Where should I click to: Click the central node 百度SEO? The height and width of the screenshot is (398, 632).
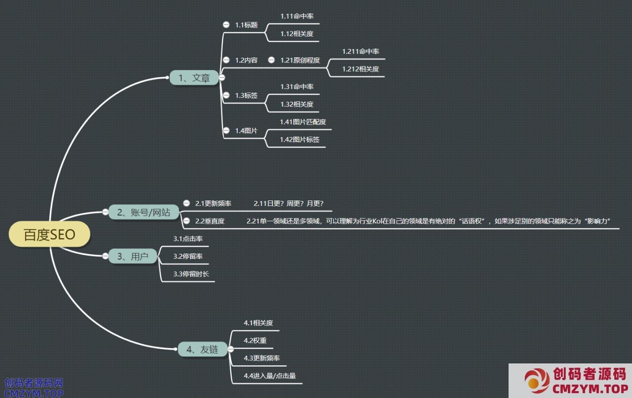tap(49, 235)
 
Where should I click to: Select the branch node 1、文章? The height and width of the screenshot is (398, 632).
tap(194, 78)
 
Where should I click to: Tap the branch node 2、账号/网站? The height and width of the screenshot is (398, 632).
tap(144, 212)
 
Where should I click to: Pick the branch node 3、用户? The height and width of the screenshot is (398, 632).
tap(133, 256)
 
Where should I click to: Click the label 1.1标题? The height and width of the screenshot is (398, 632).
tap(246, 25)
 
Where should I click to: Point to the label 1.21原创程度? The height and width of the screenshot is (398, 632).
tap(300, 60)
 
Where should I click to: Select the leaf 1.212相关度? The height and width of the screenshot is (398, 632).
tap(360, 69)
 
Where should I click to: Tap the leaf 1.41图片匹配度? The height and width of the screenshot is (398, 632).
tap(303, 122)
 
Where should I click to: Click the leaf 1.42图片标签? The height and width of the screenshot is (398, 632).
tap(300, 140)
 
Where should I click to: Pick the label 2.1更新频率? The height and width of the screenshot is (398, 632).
tap(213, 203)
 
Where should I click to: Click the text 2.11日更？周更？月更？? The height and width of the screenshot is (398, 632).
tap(288, 203)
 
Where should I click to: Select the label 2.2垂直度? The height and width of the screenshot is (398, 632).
tap(210, 221)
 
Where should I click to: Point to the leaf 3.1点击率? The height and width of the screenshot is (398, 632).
tap(188, 239)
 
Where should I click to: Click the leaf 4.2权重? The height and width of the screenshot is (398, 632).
tap(255, 340)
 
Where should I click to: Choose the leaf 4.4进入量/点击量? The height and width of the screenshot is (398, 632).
tap(270, 376)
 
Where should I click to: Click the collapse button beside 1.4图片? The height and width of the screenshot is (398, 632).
tap(226, 130)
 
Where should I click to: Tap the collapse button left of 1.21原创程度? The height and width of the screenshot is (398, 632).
tap(271, 60)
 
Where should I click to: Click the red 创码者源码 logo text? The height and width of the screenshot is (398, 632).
tap(590, 373)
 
